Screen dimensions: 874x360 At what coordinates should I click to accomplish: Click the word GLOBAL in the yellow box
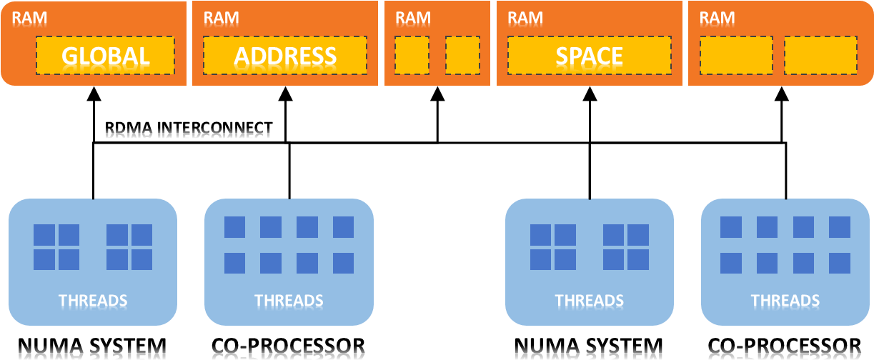(x=106, y=56)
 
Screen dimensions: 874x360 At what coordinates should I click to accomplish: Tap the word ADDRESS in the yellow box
(x=285, y=56)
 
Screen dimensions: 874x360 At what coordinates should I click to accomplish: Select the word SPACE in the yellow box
(x=589, y=56)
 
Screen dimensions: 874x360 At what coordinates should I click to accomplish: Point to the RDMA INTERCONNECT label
(x=189, y=128)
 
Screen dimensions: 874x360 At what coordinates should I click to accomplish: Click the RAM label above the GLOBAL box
(x=29, y=18)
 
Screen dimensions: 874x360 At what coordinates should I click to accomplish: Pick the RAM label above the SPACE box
(x=525, y=18)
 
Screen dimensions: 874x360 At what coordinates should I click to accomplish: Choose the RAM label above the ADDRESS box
(x=222, y=18)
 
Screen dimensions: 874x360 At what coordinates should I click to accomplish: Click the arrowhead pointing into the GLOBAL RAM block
(x=94, y=94)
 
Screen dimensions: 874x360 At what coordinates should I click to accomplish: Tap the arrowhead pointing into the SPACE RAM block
(x=590, y=94)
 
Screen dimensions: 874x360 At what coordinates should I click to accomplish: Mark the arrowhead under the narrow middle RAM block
(x=437, y=94)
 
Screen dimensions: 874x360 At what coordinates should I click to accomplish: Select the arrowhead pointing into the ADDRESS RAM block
(x=286, y=94)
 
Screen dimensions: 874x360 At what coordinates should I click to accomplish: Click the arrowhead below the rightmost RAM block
(x=782, y=94)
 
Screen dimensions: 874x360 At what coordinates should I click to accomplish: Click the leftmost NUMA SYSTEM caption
(x=92, y=346)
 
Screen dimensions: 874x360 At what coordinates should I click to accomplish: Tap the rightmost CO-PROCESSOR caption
(x=784, y=346)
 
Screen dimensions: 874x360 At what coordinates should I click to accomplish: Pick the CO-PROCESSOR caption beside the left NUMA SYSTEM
(x=288, y=346)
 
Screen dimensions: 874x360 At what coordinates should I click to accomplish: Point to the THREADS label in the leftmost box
(x=93, y=301)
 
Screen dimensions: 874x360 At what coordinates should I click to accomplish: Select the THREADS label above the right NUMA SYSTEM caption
(x=589, y=301)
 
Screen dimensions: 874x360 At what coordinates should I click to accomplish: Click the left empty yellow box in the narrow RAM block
(x=412, y=56)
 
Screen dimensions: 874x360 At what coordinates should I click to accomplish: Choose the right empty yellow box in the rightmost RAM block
(x=820, y=56)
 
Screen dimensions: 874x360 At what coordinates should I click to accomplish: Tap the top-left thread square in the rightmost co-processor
(x=731, y=227)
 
